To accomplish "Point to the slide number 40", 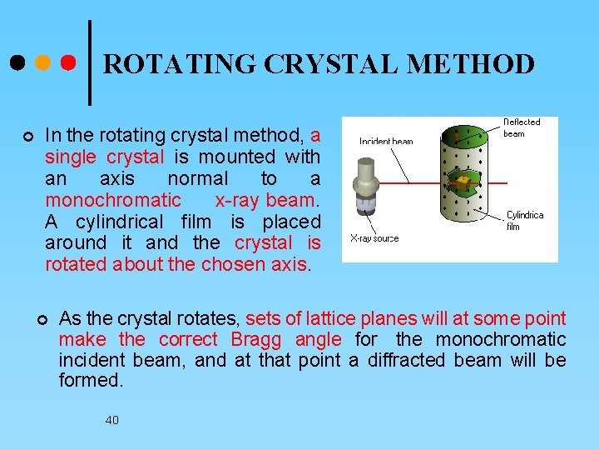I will click(x=111, y=420).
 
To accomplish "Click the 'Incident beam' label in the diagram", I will click(x=385, y=142).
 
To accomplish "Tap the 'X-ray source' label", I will click(x=374, y=238).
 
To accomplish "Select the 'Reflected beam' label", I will click(x=521, y=127).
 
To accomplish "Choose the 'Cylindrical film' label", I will click(x=524, y=220).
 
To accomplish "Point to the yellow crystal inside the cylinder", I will click(x=463, y=180).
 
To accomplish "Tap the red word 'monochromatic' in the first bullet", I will click(x=112, y=200).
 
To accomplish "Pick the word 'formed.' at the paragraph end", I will click(x=91, y=381).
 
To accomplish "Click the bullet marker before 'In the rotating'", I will click(x=28, y=136).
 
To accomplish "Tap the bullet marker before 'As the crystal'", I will click(x=42, y=320).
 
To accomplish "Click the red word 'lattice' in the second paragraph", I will click(x=327, y=318).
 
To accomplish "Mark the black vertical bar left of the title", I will click(x=89, y=62).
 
